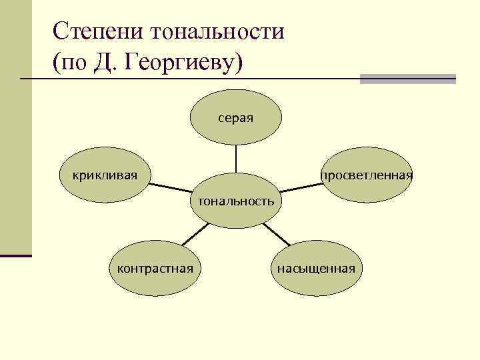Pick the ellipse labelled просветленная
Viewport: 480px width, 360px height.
[x=366, y=175]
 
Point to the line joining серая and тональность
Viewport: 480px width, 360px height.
[x=235, y=160]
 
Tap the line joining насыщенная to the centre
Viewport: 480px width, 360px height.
[x=276, y=234]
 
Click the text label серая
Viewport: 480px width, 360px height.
[x=235, y=118]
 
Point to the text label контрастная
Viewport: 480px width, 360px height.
[x=155, y=268]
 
